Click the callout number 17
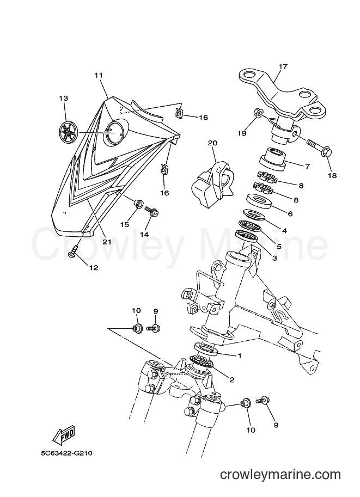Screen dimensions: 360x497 coord(283,66)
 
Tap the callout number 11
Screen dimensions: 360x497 coord(99,76)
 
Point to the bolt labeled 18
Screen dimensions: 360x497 coord(319,149)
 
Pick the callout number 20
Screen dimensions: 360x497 coord(212,143)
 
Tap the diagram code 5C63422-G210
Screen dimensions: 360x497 coord(66,453)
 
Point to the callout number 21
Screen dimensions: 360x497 coord(107,242)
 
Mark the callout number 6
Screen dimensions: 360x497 coord(290,213)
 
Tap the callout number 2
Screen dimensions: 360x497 coord(232,379)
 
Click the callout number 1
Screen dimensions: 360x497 coord(240,355)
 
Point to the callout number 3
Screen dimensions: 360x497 coord(274,258)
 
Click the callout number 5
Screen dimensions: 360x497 coord(279,246)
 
